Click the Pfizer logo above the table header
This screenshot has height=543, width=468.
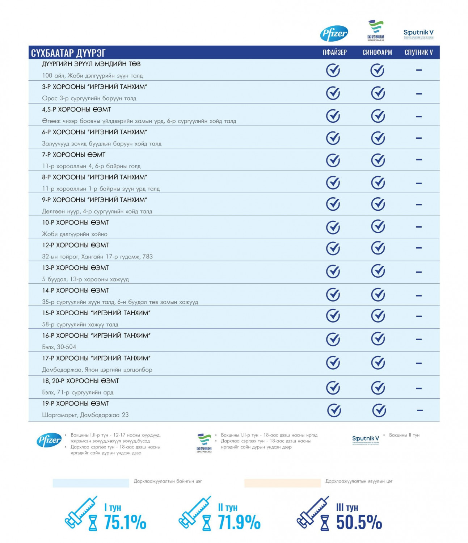click(334, 34)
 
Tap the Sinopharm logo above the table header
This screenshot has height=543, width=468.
click(376, 30)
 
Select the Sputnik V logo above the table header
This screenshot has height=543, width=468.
click(418, 34)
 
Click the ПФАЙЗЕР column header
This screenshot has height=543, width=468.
click(334, 52)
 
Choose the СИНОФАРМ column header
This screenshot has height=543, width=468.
click(377, 52)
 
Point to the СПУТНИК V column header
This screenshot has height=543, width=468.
click(418, 52)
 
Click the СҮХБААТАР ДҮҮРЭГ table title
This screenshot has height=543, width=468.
click(68, 53)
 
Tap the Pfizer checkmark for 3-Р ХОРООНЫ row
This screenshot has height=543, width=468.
click(333, 93)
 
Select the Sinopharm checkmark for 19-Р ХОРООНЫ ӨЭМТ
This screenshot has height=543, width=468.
click(379, 411)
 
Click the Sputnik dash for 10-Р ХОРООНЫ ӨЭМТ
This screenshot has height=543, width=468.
click(419, 227)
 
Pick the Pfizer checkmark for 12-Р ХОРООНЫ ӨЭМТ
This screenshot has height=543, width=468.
click(333, 248)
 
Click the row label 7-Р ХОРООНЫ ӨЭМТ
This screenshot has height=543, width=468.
click(73, 155)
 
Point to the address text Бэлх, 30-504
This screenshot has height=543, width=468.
click(59, 347)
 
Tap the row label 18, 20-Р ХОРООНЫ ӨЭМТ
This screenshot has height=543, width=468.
click(80, 381)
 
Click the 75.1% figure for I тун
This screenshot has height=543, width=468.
click(125, 522)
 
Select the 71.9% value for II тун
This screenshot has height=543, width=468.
click(239, 522)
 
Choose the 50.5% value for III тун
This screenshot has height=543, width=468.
click(359, 522)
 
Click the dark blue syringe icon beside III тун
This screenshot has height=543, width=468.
click(312, 512)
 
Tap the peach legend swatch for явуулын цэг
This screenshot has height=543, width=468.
click(282, 483)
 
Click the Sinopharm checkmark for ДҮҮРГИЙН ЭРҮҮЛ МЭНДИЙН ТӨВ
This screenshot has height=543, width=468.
click(377, 70)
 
